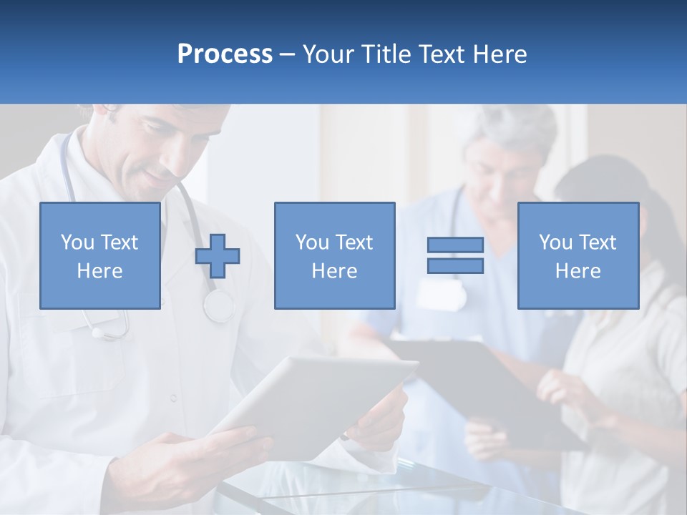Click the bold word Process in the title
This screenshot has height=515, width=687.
tap(225, 54)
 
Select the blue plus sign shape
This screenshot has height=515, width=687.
tap(218, 256)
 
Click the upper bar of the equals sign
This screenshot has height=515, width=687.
tap(455, 245)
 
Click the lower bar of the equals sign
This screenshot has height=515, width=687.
tap(455, 265)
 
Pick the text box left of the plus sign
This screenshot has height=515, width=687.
tap(99, 255)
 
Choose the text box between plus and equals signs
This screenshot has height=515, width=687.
tap(334, 255)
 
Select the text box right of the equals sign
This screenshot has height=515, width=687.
tap(578, 255)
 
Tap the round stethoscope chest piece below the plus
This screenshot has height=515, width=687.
tap(218, 306)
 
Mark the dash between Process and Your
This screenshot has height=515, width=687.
tap(288, 54)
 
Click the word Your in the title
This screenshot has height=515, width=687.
tap(328, 54)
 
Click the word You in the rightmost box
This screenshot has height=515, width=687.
tap(555, 242)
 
